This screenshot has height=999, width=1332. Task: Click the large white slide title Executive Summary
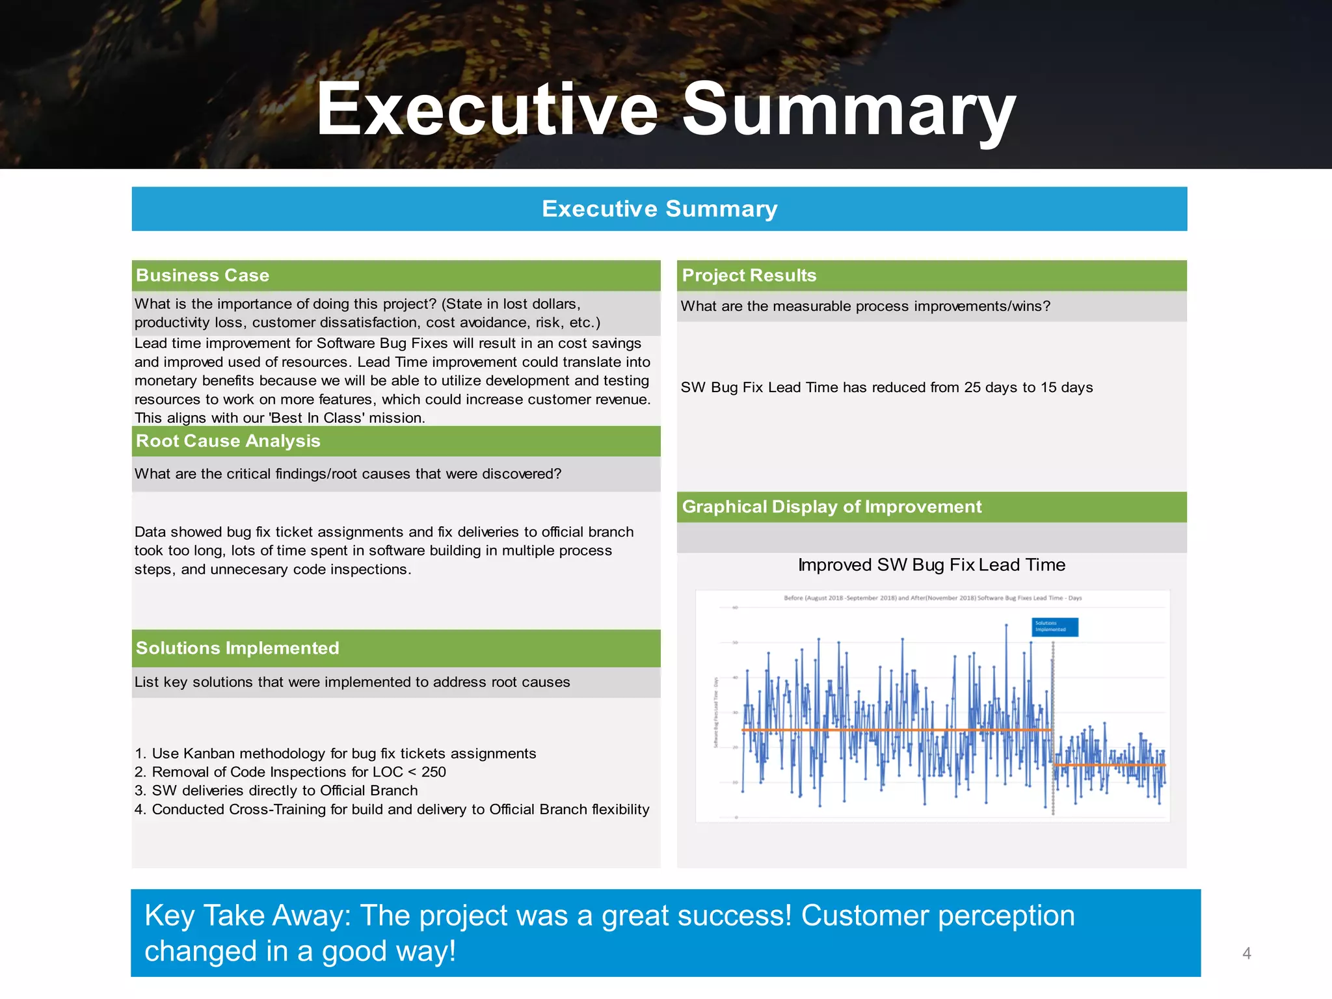[x=665, y=109]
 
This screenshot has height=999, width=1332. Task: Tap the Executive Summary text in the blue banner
[x=659, y=209]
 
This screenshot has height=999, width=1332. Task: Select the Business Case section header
[x=202, y=275]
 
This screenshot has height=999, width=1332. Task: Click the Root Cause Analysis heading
[x=228, y=441]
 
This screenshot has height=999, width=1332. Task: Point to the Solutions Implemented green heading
[x=237, y=648]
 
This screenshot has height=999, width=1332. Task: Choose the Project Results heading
[x=749, y=275]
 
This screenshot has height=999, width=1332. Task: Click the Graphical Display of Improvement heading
[x=831, y=507]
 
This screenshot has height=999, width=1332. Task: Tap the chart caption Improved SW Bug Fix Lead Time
[x=931, y=565]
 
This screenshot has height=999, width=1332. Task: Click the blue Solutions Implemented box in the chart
[x=1055, y=626]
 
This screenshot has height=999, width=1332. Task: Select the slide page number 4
[x=1246, y=953]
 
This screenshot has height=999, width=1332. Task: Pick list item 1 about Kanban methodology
[x=336, y=753]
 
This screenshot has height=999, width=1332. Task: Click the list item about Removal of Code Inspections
[x=290, y=772]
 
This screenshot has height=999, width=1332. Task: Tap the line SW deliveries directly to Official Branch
[x=276, y=790]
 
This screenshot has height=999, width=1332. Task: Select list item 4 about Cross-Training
[x=392, y=809]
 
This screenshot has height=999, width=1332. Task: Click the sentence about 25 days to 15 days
[x=886, y=388]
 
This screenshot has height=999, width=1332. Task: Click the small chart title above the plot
[x=933, y=598]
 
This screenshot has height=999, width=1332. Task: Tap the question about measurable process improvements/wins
[x=865, y=306]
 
